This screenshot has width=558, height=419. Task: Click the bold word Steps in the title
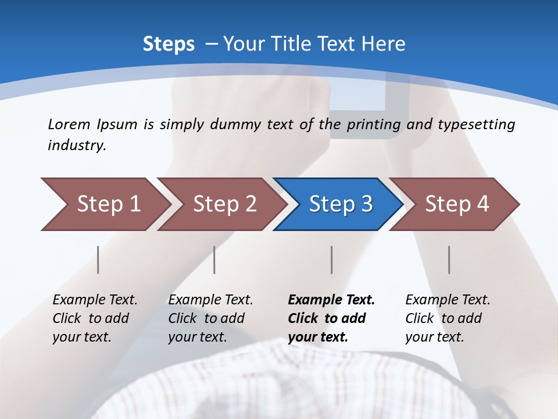[x=169, y=44]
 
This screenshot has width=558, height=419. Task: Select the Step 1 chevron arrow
[x=105, y=204]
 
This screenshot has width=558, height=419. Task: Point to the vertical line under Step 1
[x=98, y=260]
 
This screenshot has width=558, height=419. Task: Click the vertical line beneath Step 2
[x=214, y=260]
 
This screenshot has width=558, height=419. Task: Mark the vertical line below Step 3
[x=332, y=260]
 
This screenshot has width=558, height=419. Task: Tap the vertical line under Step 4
[x=449, y=260]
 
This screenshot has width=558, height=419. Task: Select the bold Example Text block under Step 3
[x=331, y=318]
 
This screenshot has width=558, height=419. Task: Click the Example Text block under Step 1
[x=95, y=318]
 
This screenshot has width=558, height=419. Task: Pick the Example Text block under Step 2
[x=210, y=318]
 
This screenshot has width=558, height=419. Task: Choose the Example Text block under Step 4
[x=448, y=318]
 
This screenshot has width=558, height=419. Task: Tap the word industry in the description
[x=76, y=145]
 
